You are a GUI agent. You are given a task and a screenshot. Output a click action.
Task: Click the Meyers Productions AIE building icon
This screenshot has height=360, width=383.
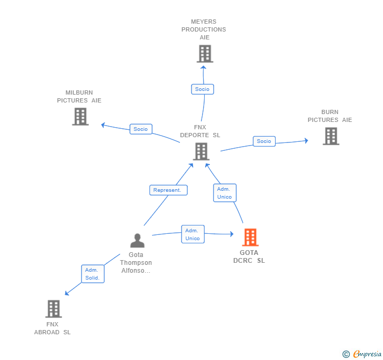point(205,54)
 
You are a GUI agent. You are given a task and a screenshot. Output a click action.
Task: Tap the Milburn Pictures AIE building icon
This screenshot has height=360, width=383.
point(80,117)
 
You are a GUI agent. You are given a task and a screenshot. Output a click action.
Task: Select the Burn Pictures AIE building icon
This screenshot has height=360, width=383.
point(330,136)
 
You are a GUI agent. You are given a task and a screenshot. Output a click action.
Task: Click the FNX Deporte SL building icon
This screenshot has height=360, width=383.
point(201,151)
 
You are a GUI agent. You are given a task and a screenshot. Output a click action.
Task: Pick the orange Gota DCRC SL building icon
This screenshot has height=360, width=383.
point(250,238)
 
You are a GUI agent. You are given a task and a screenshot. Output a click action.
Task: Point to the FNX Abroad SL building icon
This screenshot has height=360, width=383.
point(53,309)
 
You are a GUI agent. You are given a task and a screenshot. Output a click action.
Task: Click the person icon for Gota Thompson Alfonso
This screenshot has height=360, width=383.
point(137,241)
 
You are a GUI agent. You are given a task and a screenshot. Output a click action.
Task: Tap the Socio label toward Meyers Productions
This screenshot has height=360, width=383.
point(202,89)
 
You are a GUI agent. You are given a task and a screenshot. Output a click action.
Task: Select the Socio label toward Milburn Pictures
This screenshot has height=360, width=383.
point(140,129)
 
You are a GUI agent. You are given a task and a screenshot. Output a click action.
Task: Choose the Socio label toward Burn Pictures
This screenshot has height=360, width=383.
point(264,141)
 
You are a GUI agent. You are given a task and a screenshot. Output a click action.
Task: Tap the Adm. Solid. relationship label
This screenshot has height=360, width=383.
point(93,274)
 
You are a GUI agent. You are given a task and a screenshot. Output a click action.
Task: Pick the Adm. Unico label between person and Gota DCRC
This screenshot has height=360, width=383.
point(193,234)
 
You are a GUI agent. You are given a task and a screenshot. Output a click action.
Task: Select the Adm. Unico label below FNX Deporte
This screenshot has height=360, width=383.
point(225,193)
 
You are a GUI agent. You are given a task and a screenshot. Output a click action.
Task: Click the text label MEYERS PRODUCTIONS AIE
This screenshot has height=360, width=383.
point(204,29)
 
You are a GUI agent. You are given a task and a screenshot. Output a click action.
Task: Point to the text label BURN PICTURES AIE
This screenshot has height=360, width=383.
point(330,116)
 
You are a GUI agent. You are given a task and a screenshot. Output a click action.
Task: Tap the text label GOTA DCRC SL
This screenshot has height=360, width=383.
point(249,256)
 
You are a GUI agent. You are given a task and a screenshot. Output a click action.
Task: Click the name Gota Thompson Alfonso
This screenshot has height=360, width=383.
point(136,262)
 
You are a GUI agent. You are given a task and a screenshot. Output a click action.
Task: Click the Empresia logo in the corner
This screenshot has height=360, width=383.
point(362,354)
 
